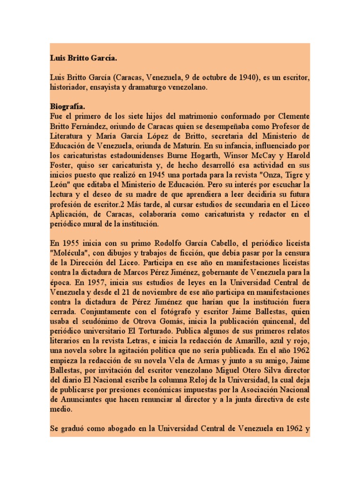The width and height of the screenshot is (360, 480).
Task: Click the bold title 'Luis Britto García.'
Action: pyautogui.click(x=84, y=59)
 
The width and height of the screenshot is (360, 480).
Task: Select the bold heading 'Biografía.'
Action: pyautogui.click(x=68, y=106)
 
